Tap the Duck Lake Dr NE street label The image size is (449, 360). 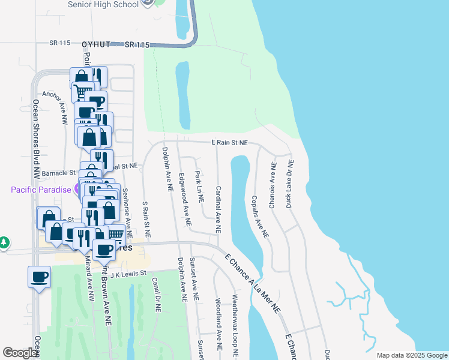click(291, 179)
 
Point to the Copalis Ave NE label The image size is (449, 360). click(259, 217)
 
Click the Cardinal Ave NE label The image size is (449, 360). click(218, 209)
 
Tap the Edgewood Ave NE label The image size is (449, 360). click(185, 200)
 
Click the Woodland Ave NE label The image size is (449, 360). click(218, 324)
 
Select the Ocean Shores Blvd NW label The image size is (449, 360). click(36, 139)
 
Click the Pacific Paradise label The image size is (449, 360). click(40, 189)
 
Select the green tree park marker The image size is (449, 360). click(4, 242)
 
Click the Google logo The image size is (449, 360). click(20, 353)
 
